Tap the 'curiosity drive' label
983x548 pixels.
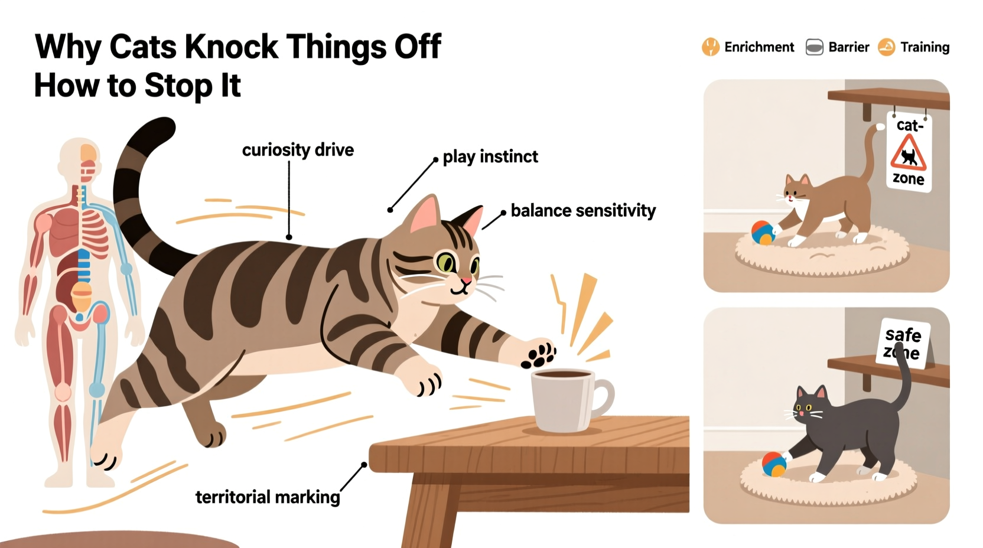[x=298, y=150]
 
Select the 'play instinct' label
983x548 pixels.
[x=490, y=156]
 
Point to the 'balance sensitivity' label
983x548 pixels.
[x=583, y=211]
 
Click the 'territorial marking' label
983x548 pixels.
[x=268, y=497]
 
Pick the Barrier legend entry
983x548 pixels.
[x=838, y=47]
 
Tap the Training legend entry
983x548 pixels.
[x=914, y=47]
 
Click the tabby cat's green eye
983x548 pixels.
[x=444, y=262]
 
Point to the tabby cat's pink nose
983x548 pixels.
[x=467, y=280]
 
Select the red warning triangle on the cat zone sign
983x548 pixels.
[x=908, y=154]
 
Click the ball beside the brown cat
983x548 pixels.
[x=763, y=233]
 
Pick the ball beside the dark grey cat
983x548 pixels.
[x=774, y=464]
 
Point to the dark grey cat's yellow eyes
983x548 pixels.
[x=804, y=407]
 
